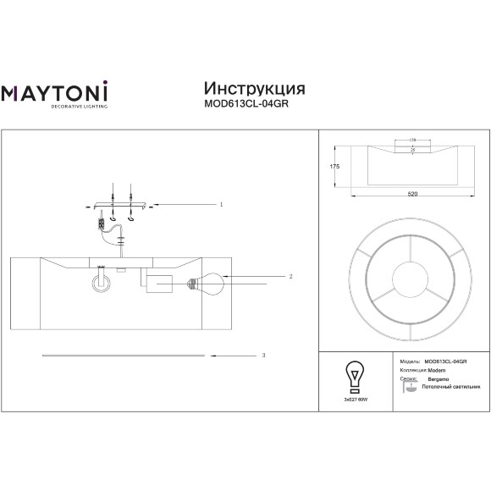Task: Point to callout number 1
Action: pyautogui.click(x=221, y=205)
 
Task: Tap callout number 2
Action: pyautogui.click(x=290, y=277)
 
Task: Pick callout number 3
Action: pyautogui.click(x=264, y=356)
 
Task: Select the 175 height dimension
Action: pyautogui.click(x=334, y=167)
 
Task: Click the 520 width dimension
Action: pyautogui.click(x=412, y=195)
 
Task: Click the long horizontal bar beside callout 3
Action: pyautogui.click(x=122, y=356)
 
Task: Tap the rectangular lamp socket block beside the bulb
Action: pyautogui.click(x=158, y=283)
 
